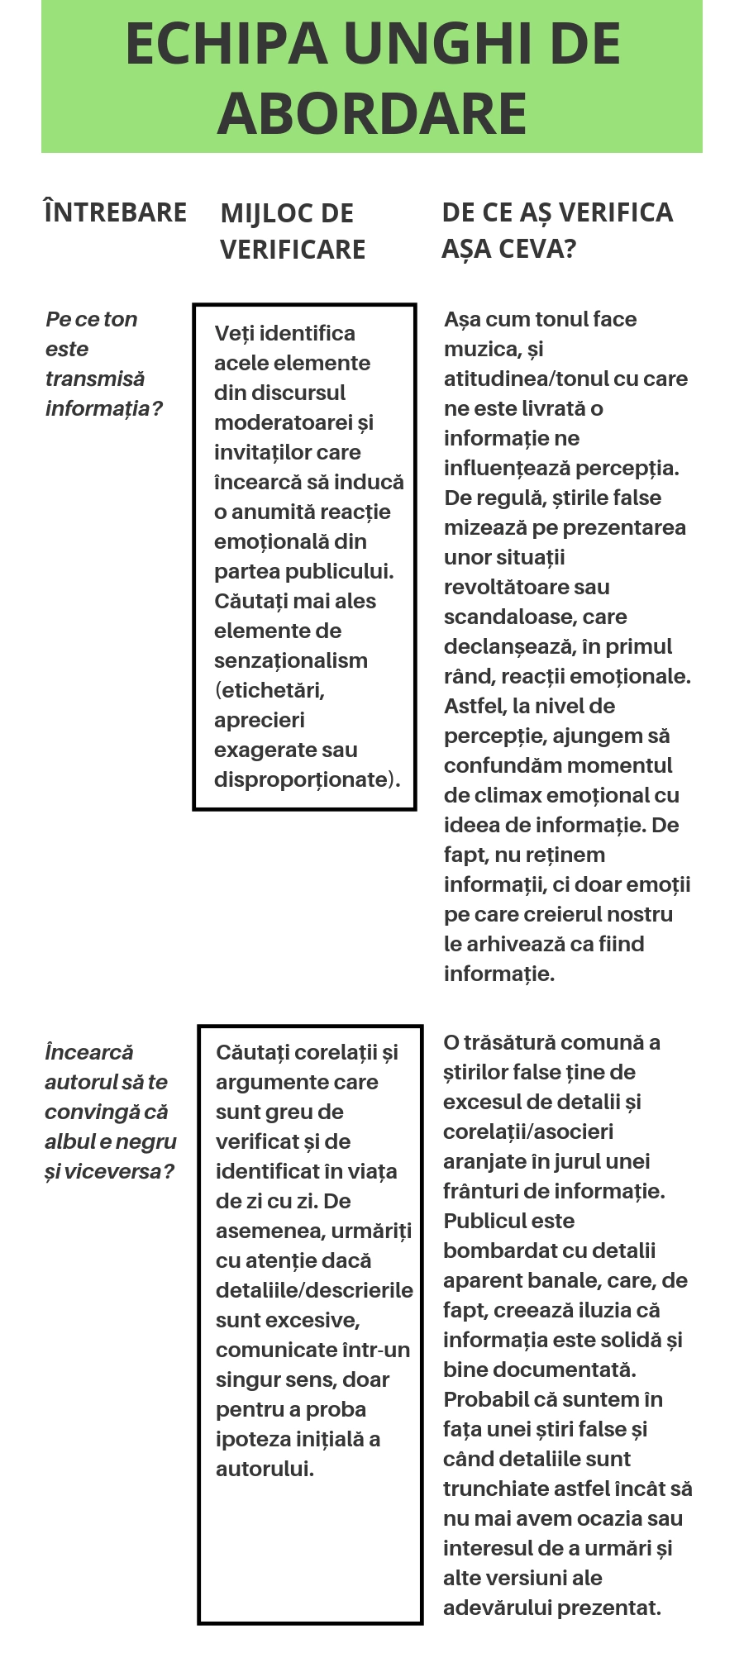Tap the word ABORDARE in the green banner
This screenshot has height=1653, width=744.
pyautogui.click(x=372, y=113)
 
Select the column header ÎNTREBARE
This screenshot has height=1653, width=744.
pyautogui.click(x=115, y=212)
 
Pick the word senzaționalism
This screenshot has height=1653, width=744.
pyautogui.click(x=290, y=660)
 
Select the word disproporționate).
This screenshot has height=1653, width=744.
pyautogui.click(x=307, y=779)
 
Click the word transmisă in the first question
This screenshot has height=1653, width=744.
pyautogui.click(x=95, y=379)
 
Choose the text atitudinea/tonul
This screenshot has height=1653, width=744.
pyautogui.click(x=528, y=379)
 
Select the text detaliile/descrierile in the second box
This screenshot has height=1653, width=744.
pyautogui.click(x=314, y=1290)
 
